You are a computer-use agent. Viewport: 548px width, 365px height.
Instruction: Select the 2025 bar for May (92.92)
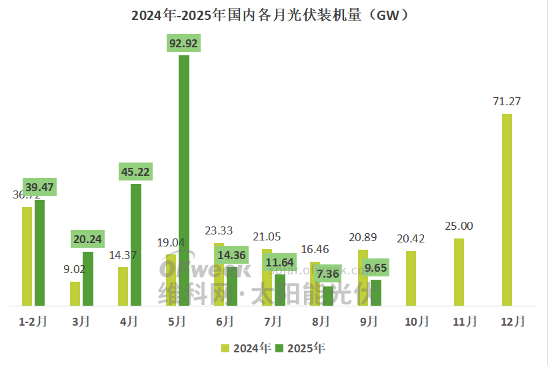point(184,180)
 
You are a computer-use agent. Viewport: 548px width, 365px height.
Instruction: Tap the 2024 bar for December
point(507,210)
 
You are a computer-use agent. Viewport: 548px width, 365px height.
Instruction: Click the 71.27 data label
point(507,102)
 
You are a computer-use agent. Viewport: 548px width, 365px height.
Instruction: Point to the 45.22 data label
point(136,172)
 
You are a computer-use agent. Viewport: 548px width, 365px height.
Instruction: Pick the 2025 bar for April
point(136,244)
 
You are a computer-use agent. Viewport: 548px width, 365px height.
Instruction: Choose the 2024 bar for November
point(459,272)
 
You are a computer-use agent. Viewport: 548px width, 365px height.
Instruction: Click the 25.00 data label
point(459,226)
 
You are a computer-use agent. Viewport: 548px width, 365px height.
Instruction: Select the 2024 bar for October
point(411,278)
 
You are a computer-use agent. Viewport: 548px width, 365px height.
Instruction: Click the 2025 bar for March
point(88,278)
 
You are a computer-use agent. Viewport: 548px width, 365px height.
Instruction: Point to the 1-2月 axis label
point(33,322)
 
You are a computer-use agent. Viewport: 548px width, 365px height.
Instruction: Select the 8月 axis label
point(321,322)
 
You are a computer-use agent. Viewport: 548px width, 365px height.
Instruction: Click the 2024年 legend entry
point(247,348)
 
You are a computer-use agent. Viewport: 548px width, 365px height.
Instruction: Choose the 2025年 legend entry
point(301,348)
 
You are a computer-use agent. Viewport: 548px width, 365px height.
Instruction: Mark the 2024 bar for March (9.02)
point(75,294)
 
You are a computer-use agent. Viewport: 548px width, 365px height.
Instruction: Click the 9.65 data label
point(376,268)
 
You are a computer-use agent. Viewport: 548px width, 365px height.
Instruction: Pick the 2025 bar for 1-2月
point(40,252)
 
